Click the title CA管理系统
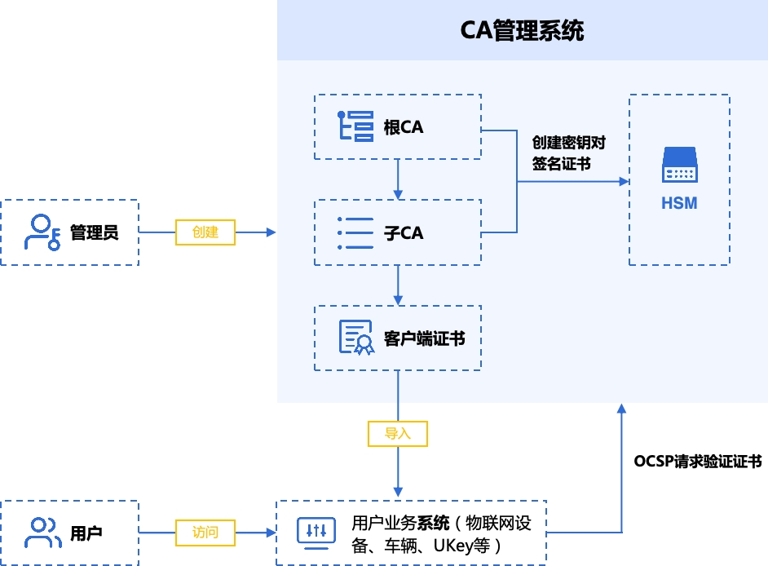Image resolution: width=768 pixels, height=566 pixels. [522, 30]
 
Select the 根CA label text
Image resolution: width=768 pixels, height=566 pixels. [403, 127]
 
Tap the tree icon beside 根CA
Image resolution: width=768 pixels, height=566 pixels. [355, 126]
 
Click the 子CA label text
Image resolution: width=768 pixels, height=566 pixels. [403, 232]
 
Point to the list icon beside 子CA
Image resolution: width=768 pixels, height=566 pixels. [355, 233]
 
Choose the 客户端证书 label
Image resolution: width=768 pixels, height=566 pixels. [424, 338]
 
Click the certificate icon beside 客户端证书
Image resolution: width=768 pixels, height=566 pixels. [356, 337]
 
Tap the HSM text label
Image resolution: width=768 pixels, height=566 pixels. [679, 203]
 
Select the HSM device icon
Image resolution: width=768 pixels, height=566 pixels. [680, 165]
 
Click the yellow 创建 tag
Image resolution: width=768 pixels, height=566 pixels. [205, 232]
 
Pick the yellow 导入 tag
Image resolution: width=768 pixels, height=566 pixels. [398, 434]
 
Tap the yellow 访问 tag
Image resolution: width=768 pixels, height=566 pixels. [205, 533]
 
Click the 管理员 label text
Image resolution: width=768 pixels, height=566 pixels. [94, 232]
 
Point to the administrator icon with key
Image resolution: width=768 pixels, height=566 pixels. [42, 232]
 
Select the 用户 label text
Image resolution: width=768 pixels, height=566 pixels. [86, 533]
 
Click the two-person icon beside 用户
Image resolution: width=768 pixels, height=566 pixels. [43, 533]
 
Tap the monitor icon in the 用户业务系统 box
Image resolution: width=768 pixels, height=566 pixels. [316, 533]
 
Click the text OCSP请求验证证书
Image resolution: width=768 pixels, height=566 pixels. [698, 461]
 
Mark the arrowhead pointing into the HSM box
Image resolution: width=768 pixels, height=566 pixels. [624, 182]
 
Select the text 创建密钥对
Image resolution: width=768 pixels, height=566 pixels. [569, 143]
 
